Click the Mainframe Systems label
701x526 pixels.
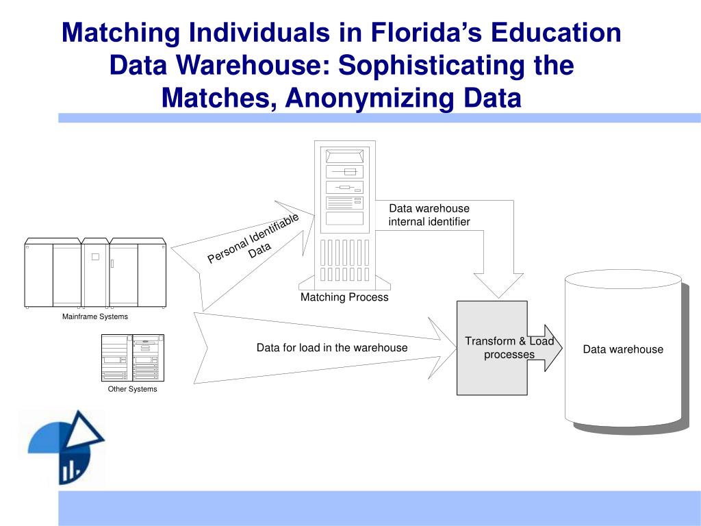(x=95, y=316)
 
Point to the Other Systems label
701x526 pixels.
(x=132, y=389)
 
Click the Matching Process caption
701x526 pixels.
(x=344, y=297)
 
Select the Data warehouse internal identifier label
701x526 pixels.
(x=429, y=215)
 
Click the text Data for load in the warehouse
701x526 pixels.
(x=332, y=347)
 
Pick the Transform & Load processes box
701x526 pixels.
(x=492, y=347)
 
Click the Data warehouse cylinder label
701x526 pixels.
(x=623, y=349)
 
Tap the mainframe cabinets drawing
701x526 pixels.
(x=95, y=273)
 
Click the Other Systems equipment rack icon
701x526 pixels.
(x=132, y=358)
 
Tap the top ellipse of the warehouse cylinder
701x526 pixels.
(x=622, y=279)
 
